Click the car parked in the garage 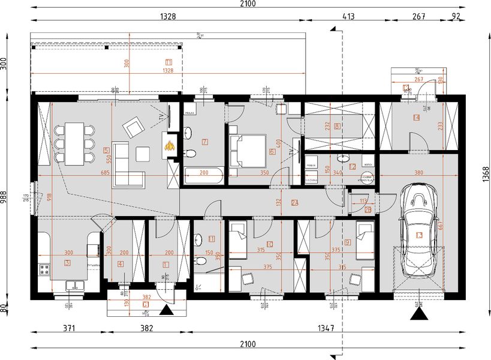pos(419,232)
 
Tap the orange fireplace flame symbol pos(171,144)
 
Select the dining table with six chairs pos(75,143)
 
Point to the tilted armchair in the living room pos(133,127)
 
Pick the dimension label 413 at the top pos(348,17)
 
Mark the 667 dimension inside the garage pos(442,224)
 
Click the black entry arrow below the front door pos(167,310)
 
